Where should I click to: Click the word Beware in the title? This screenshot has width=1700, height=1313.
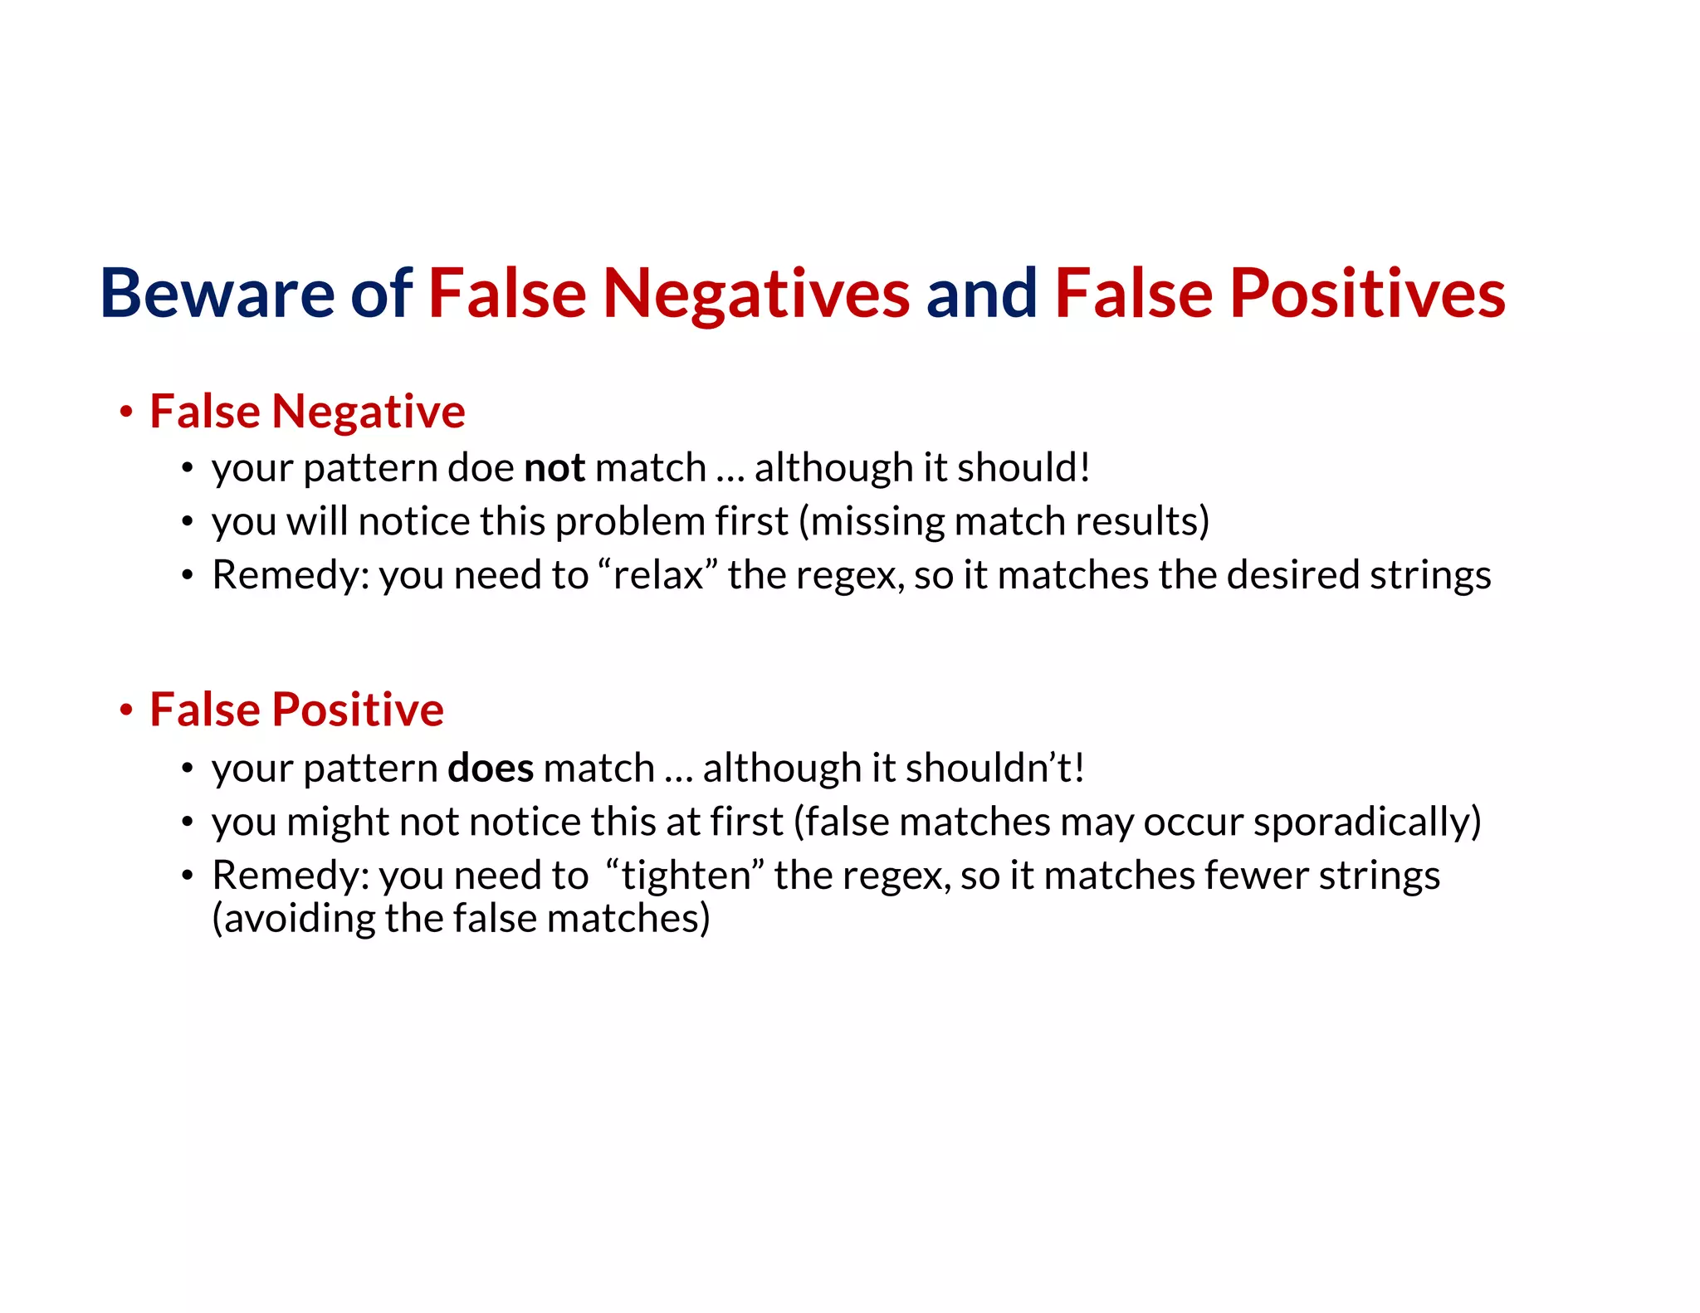(217, 293)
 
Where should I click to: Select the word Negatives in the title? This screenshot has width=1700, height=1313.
(756, 295)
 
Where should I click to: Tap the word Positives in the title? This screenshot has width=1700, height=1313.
(1367, 293)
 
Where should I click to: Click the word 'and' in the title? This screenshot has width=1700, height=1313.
(981, 293)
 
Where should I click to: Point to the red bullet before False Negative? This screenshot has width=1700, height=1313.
(126, 412)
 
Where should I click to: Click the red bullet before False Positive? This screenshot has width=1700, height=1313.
(126, 710)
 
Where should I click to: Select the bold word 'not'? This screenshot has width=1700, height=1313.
(554, 468)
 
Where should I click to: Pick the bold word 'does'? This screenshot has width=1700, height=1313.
(491, 768)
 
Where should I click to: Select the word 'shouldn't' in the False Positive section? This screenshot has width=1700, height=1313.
(994, 768)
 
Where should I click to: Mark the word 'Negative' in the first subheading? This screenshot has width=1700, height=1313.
(368, 412)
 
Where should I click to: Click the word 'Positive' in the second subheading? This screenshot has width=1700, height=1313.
(358, 710)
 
